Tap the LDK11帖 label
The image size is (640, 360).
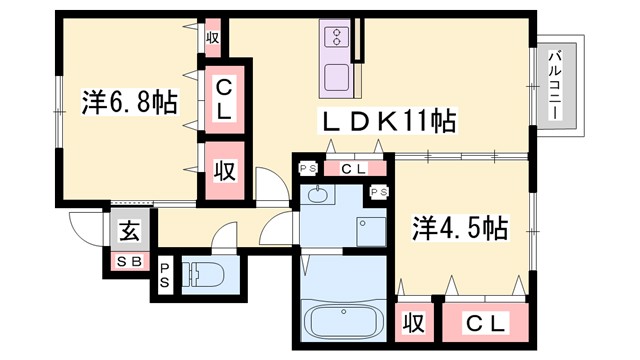click(387, 123)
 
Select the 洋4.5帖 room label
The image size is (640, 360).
click(459, 228)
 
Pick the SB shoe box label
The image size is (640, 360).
click(129, 262)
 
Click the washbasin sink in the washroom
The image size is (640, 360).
click(319, 194)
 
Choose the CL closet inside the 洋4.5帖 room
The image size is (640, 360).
click(487, 324)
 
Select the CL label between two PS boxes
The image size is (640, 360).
click(353, 170)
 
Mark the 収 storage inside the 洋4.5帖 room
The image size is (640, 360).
click(412, 324)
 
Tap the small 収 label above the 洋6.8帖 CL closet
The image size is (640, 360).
click(213, 39)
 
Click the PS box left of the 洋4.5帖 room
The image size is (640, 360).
click(379, 192)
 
